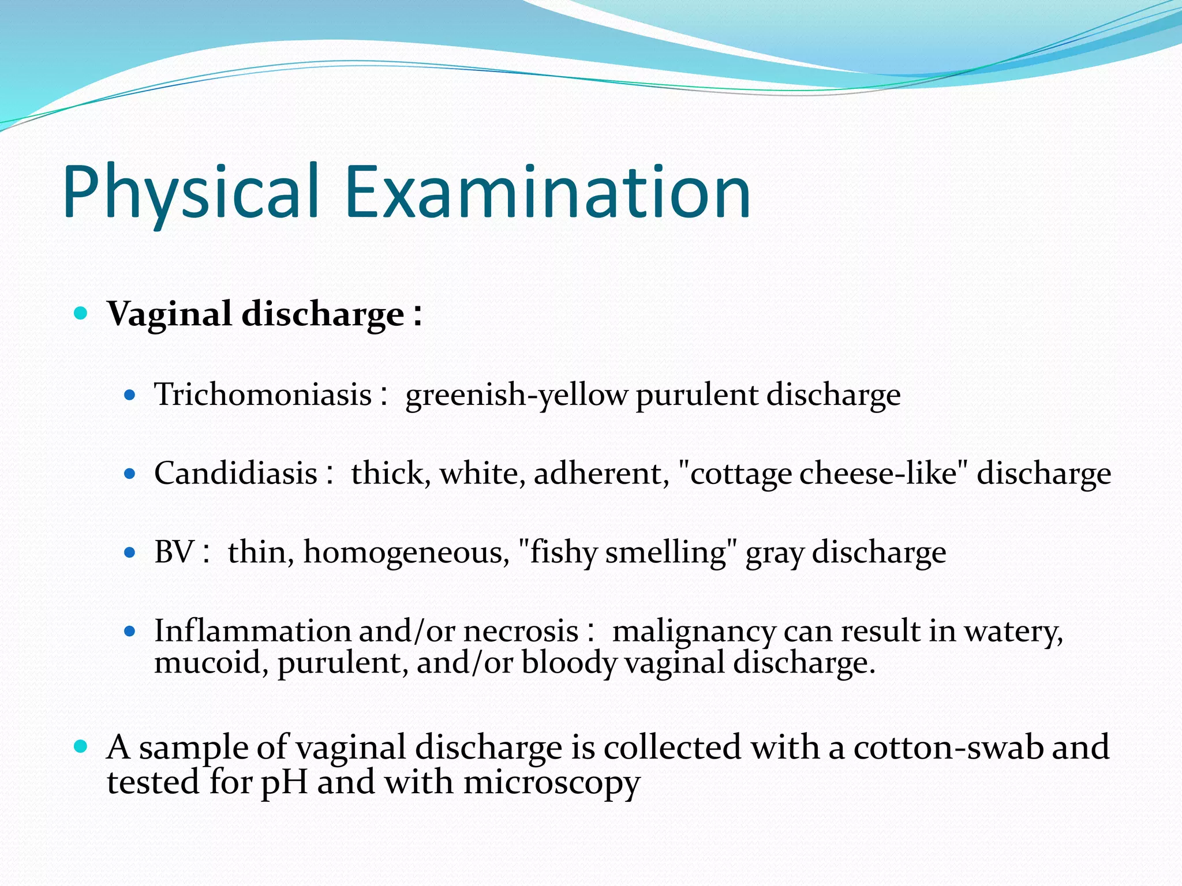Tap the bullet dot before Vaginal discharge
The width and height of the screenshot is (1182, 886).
pyautogui.click(x=81, y=313)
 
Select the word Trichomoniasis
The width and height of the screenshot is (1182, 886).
pyautogui.click(x=263, y=395)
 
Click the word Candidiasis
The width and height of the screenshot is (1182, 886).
pyautogui.click(x=235, y=474)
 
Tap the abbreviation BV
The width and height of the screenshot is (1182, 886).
pyautogui.click(x=174, y=552)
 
